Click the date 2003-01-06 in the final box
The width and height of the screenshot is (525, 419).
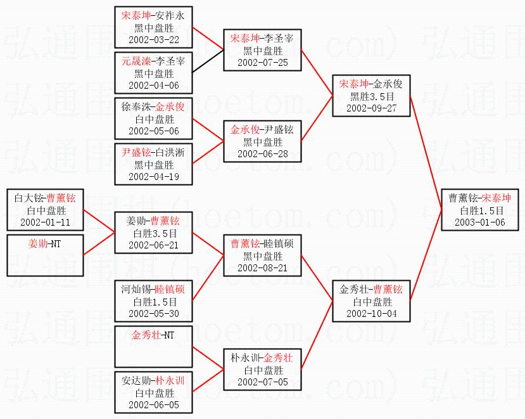click(480, 222)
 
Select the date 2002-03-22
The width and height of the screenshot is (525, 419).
click(154, 40)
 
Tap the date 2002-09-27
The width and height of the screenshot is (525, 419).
click(371, 108)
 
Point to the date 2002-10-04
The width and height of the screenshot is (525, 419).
click(371, 314)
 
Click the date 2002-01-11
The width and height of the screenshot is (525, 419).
click(45, 222)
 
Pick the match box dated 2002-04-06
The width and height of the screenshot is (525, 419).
click(153, 73)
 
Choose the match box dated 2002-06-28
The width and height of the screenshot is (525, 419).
click(262, 141)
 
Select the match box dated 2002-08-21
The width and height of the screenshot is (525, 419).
click(262, 255)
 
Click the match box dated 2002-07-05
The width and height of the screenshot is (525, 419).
click(262, 370)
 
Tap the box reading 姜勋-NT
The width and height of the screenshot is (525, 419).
click(45, 255)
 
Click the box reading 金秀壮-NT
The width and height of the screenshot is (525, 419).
click(153, 347)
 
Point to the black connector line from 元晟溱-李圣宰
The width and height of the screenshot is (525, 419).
click(208, 61)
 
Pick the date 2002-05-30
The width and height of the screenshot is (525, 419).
click(154, 314)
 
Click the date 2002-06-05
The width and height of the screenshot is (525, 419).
click(154, 405)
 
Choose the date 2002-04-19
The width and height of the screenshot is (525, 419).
click(154, 177)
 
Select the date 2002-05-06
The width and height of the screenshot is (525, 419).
click(154, 131)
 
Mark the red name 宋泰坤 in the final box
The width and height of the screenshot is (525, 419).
click(497, 198)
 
